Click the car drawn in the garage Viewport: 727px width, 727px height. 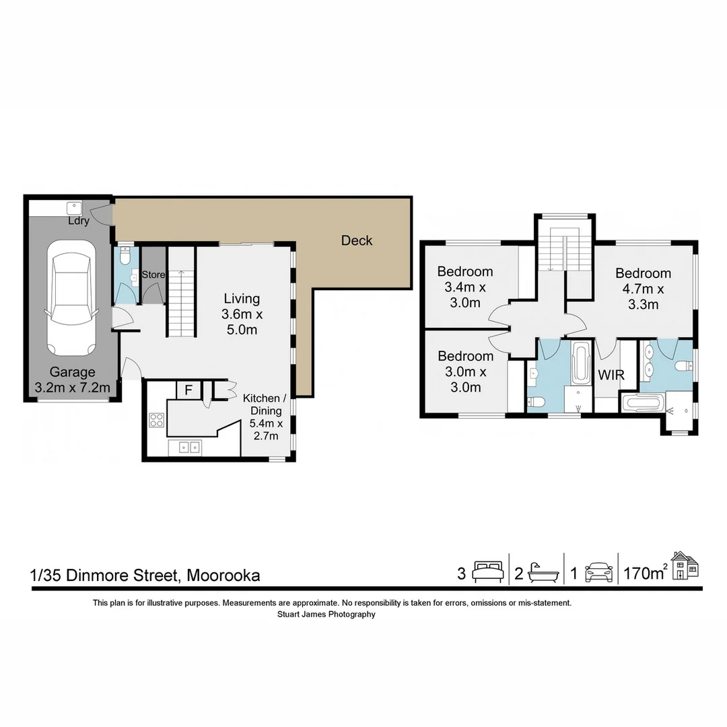[x=69, y=298]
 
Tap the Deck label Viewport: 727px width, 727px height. [x=356, y=240]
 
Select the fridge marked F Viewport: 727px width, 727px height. [x=188, y=390]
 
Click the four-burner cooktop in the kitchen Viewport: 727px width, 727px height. [x=157, y=420]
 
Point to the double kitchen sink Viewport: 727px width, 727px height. [x=184, y=446]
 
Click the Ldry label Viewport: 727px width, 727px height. [x=78, y=221]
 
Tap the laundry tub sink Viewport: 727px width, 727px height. [x=74, y=207]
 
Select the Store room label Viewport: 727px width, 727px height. [x=153, y=275]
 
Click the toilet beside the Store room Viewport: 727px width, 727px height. [x=125, y=256]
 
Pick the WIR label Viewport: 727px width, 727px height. [x=611, y=375]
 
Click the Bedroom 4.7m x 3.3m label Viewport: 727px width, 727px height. [x=643, y=289]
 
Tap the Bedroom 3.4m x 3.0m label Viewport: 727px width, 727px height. [x=464, y=287]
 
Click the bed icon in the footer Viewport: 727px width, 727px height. [x=487, y=572]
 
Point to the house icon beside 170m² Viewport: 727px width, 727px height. [x=685, y=565]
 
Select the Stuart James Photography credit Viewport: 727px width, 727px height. [x=326, y=614]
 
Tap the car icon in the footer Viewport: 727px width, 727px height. [x=598, y=572]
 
